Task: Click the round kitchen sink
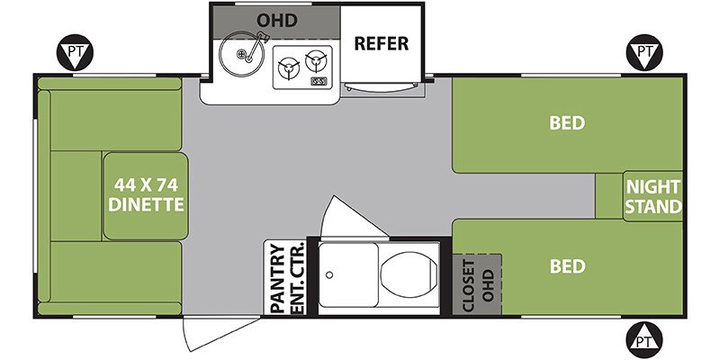(241, 54)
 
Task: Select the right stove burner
(315, 59)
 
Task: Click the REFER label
(381, 43)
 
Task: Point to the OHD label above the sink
(277, 21)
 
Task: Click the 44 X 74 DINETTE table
(146, 195)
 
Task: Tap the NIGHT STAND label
(653, 197)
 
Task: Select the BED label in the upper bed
(567, 123)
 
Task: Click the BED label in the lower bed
(568, 266)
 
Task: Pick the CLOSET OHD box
(477, 284)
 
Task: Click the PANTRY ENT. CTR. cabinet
(285, 278)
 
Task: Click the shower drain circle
(329, 275)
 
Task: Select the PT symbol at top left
(76, 52)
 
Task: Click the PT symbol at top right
(644, 52)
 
